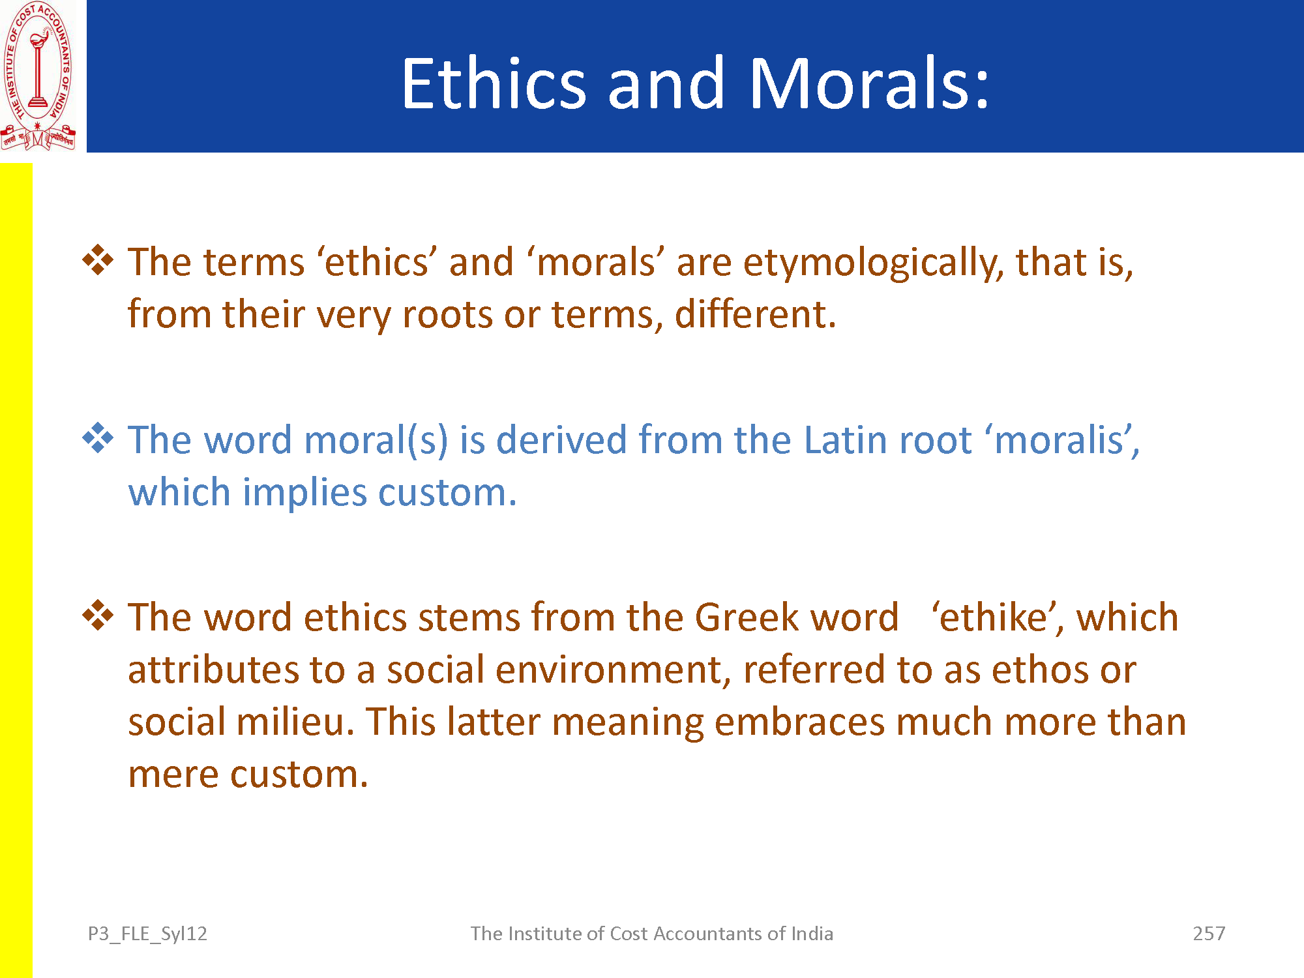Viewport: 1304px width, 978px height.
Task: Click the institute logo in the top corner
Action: coord(38,76)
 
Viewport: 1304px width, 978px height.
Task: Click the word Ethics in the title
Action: coord(494,83)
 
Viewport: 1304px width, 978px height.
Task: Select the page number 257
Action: coord(1209,934)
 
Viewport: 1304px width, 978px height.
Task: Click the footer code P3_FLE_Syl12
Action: coord(147,934)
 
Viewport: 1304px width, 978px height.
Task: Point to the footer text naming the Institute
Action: coord(652,934)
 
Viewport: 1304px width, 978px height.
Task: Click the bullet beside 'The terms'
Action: coord(98,259)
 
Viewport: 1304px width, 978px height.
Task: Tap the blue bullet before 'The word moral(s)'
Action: coord(98,437)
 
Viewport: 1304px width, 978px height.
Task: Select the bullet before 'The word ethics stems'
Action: coord(98,615)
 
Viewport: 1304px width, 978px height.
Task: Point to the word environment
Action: coord(608,670)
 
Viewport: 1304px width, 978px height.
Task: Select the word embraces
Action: coord(799,722)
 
